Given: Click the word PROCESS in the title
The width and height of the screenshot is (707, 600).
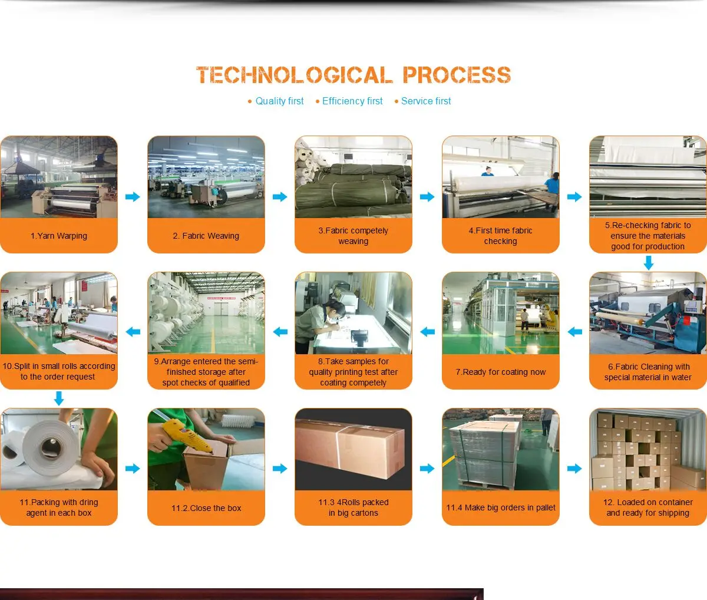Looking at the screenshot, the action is point(457,75).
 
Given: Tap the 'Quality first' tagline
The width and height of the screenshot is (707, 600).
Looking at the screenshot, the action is point(279,101).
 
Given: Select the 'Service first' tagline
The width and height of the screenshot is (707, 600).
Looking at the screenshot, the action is point(426,101).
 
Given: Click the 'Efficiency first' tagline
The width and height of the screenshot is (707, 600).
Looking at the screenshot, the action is point(352,101).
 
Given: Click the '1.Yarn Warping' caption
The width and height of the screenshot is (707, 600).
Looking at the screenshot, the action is point(59,236).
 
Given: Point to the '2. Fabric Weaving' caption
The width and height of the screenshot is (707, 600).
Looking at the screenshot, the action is point(206,236).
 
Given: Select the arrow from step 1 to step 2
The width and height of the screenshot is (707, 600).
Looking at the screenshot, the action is point(133,197).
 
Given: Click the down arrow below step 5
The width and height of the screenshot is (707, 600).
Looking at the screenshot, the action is point(649,263).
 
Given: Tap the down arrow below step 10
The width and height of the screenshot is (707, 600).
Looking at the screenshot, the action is point(59,398).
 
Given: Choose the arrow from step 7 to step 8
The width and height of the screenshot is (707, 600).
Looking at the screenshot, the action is point(428,332).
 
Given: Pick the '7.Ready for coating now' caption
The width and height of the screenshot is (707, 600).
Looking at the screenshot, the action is point(501,372).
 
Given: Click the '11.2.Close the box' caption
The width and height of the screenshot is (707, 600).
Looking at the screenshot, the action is point(206,508).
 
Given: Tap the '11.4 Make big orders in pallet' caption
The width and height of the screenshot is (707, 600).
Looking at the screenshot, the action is point(501,507).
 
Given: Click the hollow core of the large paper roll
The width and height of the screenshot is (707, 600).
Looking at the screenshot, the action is point(50,449).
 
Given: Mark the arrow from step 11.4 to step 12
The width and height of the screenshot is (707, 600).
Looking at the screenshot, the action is point(574,468).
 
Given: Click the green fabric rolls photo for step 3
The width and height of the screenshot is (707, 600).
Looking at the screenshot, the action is point(353,177).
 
